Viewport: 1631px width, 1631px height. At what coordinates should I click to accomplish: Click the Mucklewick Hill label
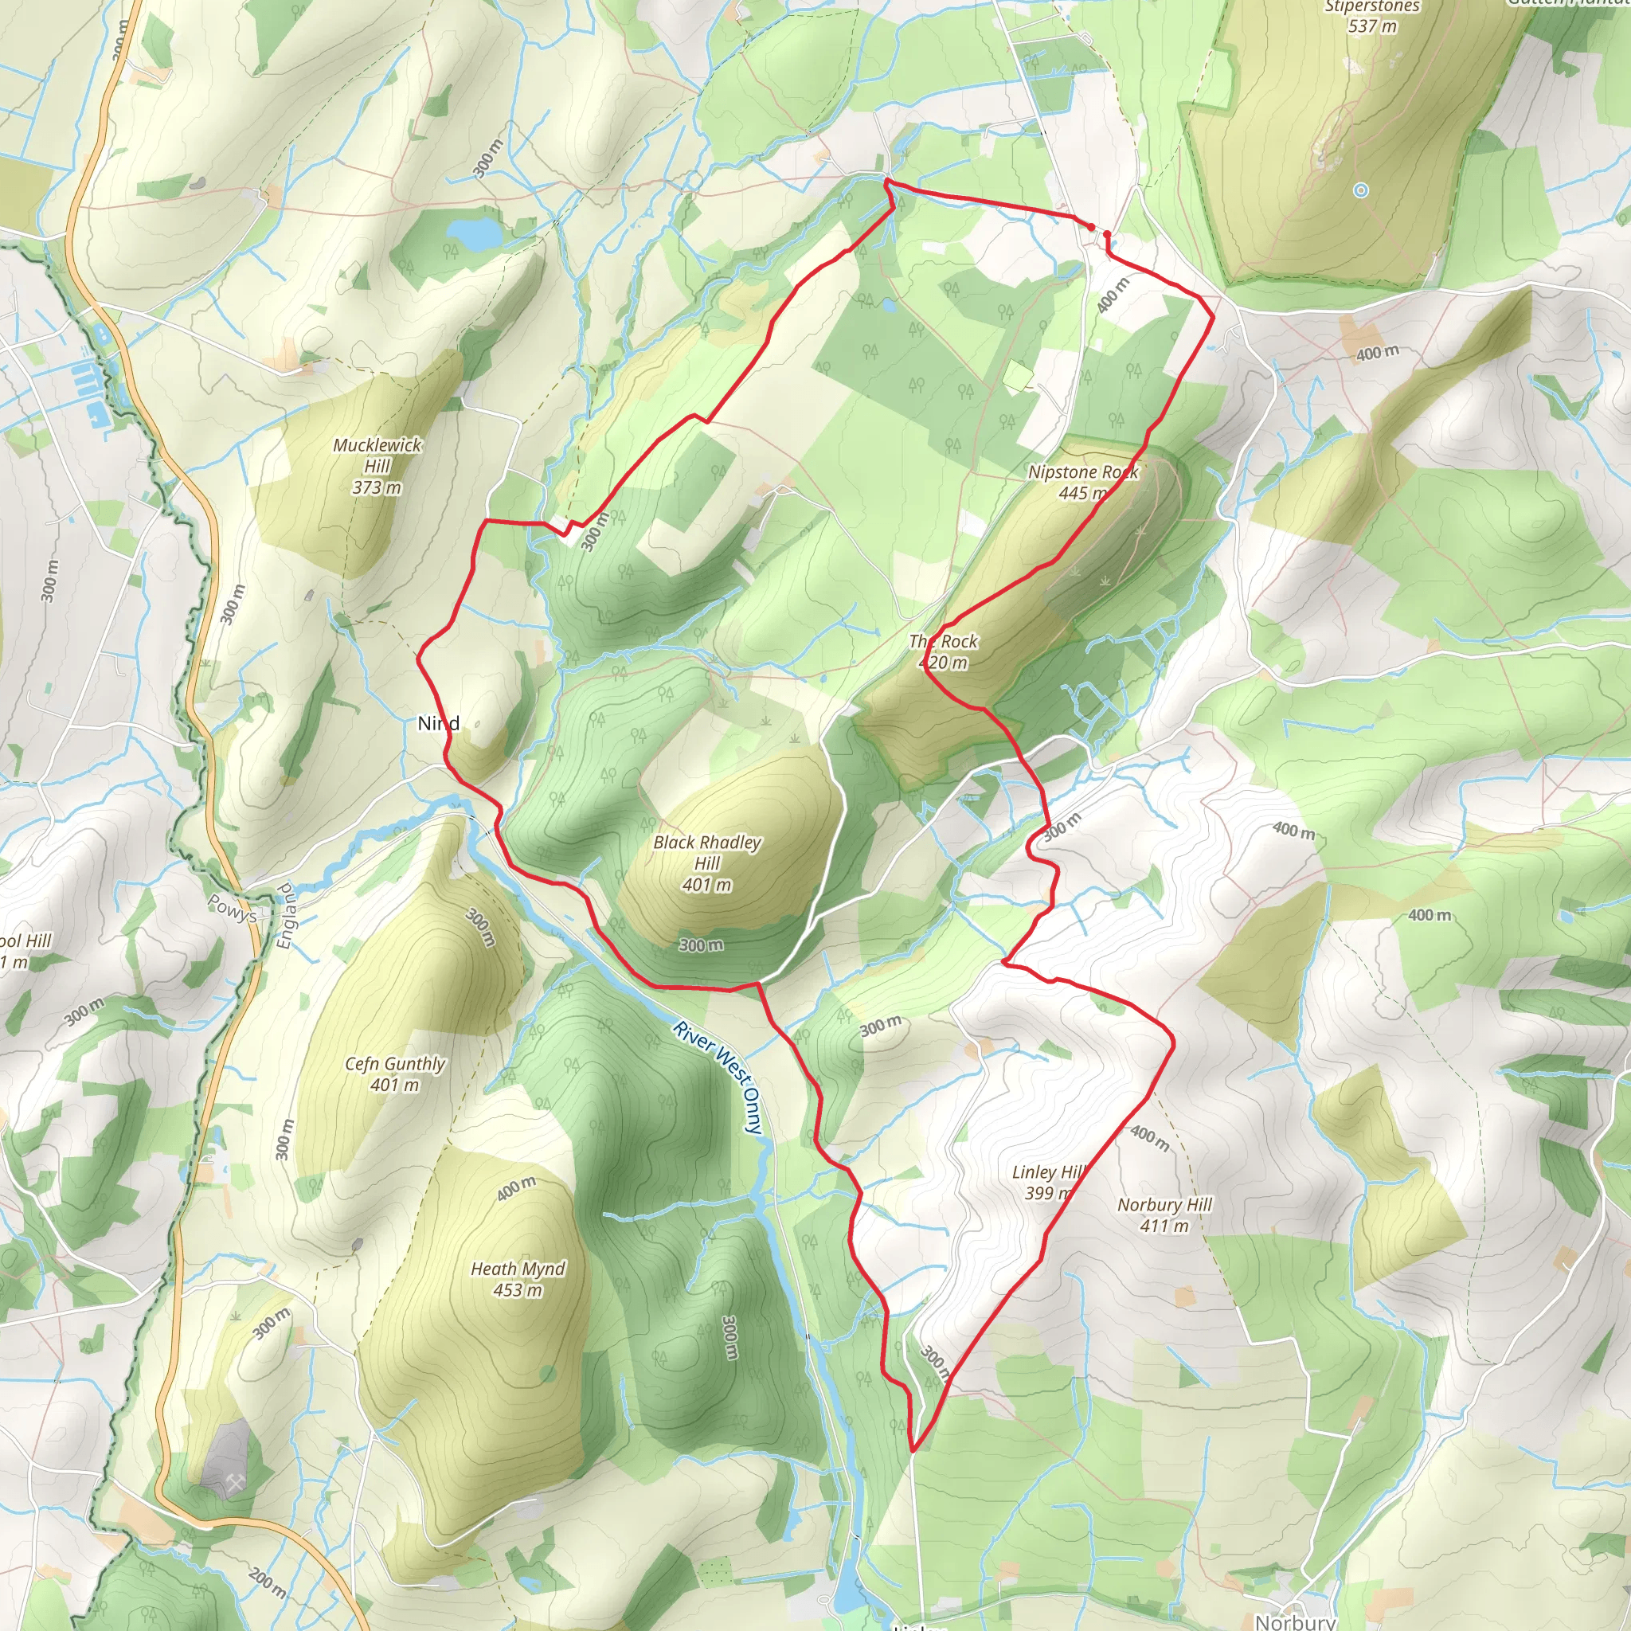click(x=377, y=466)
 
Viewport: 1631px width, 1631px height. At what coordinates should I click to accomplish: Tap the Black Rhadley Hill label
click(x=707, y=862)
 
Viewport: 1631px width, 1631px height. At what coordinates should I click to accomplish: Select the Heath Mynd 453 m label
click(x=518, y=1279)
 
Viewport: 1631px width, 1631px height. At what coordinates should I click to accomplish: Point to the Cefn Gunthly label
click(x=395, y=1074)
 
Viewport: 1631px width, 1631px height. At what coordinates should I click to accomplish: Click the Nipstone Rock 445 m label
click(x=1083, y=482)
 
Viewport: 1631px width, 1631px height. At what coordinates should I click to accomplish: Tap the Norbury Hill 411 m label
click(x=1164, y=1214)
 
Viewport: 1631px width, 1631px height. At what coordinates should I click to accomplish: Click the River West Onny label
click(x=719, y=1077)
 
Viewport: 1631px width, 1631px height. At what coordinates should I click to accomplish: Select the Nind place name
click(x=438, y=722)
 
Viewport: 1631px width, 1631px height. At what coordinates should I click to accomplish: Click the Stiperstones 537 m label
click(x=1372, y=17)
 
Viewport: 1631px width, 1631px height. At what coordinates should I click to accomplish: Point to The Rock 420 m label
click(x=943, y=651)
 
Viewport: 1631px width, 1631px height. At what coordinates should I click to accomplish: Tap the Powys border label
click(x=231, y=909)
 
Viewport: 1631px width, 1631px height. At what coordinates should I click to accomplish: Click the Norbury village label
click(x=1295, y=1621)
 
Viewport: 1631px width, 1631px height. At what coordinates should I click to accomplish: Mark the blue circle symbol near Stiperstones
click(x=1361, y=191)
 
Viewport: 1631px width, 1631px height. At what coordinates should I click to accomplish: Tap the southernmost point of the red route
click(x=913, y=1451)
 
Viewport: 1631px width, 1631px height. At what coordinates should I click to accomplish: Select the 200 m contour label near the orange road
click(x=268, y=1581)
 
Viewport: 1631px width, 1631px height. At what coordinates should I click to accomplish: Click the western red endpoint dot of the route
click(x=1091, y=227)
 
